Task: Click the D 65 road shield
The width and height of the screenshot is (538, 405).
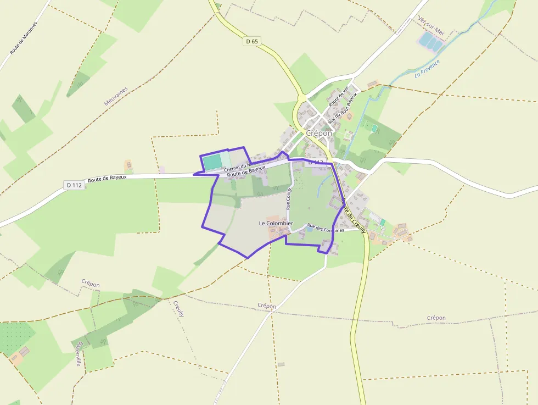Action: click(252, 41)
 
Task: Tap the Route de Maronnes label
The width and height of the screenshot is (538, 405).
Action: click(24, 38)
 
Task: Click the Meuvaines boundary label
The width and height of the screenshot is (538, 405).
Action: click(116, 96)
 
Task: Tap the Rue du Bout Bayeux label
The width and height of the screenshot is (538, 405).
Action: click(342, 107)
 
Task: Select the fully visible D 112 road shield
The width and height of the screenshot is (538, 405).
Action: click(74, 185)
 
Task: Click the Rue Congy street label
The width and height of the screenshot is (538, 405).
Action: click(289, 199)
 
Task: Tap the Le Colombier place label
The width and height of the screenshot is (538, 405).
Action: click(276, 224)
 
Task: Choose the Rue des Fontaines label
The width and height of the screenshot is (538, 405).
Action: click(326, 228)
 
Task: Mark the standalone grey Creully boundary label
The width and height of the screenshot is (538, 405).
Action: click(179, 308)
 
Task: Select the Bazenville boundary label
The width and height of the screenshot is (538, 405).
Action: click(79, 354)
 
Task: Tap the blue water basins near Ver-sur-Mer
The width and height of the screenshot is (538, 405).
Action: click(430, 40)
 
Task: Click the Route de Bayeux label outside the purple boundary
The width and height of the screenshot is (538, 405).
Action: click(107, 178)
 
